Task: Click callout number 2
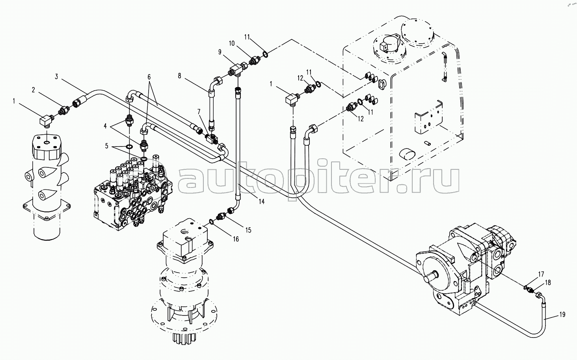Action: pyautogui.click(x=34, y=90)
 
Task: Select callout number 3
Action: pyautogui.click(x=56, y=77)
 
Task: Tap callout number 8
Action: pyautogui.click(x=180, y=76)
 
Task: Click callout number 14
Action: pyautogui.click(x=261, y=201)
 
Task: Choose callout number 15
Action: pyautogui.click(x=248, y=230)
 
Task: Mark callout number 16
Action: pyautogui.click(x=236, y=239)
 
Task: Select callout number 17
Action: pyautogui.click(x=541, y=274)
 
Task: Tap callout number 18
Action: pyautogui.click(x=548, y=282)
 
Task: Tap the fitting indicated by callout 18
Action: pyautogui.click(x=535, y=292)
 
